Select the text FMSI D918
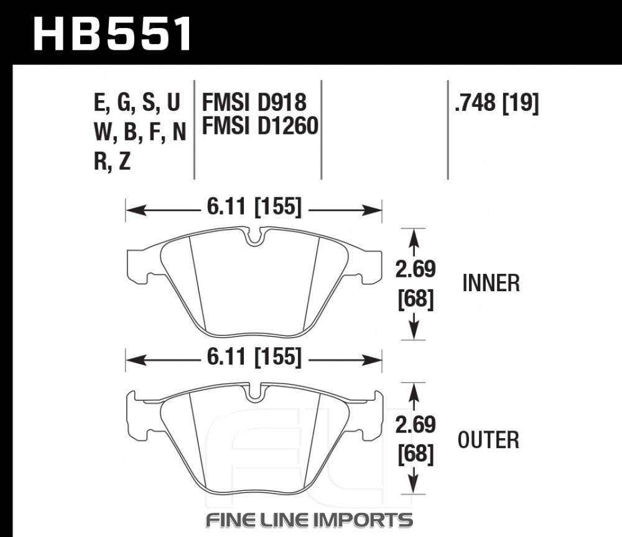pos(254,103)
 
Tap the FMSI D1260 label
pos(260,126)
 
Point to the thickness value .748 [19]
pos(496,103)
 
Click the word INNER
pos(491,283)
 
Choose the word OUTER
pos(488,440)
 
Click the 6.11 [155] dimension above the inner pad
pos(254,207)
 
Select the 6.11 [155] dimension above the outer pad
pos(254,356)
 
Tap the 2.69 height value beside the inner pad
pos(415,269)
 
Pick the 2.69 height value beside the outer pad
pos(415,424)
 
